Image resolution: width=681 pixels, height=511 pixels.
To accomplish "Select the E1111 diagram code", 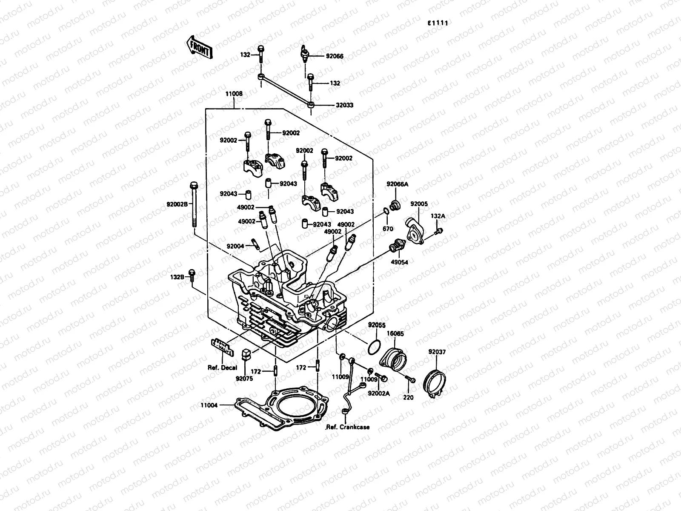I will pos(438,23).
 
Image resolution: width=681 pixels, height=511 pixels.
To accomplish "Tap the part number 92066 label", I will pos(335,56).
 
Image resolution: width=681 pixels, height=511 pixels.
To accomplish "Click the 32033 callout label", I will pos(345,105).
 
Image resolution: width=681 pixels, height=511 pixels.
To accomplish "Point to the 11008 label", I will pos(234,93).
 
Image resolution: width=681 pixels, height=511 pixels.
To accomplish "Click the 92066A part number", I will pos(397,184).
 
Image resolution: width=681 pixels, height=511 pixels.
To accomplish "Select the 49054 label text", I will pos(399,262).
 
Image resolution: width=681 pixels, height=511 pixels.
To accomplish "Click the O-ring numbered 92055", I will pos(373,347).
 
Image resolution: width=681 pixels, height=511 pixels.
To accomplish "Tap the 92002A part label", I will pos(379,394).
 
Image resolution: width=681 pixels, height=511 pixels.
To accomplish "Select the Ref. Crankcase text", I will pos(348,427).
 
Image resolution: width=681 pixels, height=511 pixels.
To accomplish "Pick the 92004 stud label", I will pos(235,246).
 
